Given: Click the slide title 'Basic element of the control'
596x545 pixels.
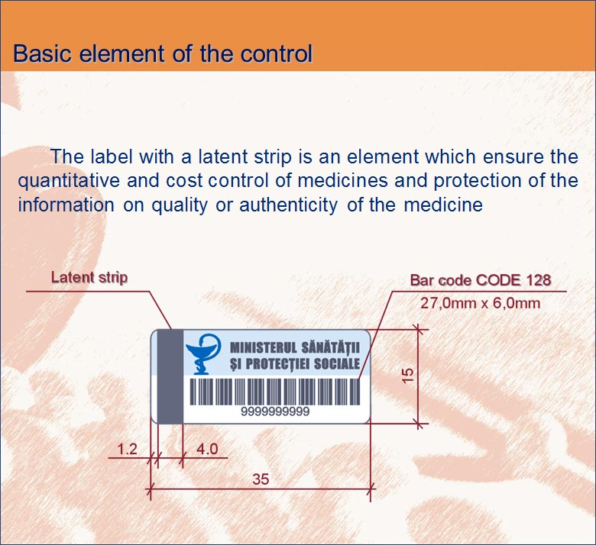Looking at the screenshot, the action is point(163,53).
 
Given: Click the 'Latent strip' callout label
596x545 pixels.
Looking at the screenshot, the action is point(89,277).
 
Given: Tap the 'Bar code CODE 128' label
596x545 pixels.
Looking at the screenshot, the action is point(481,280).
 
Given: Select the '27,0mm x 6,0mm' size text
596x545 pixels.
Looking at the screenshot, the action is point(480,303).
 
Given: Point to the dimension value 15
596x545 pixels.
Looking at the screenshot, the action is point(407,376).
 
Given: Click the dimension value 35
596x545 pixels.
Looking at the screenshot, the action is point(261,479).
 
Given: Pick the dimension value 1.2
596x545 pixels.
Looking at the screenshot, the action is point(128,450).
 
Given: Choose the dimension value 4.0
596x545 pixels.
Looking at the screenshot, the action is point(208,450).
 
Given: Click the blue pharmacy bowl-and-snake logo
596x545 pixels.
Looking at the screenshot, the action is point(203,354).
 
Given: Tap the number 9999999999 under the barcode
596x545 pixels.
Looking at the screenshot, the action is point(275,411).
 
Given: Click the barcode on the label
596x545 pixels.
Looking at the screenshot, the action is point(275,392).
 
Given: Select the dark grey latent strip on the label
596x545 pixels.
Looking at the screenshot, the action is point(170,376).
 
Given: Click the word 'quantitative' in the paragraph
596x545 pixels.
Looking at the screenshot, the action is point(69,181).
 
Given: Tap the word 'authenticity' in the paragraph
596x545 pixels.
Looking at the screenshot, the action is point(288,205).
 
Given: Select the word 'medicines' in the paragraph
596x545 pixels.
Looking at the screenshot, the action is point(342,180).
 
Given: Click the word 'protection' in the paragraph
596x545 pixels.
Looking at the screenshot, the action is point(477,181).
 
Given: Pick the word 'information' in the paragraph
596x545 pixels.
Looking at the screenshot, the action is point(66,205).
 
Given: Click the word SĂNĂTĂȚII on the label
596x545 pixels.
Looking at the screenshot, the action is point(330,347).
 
